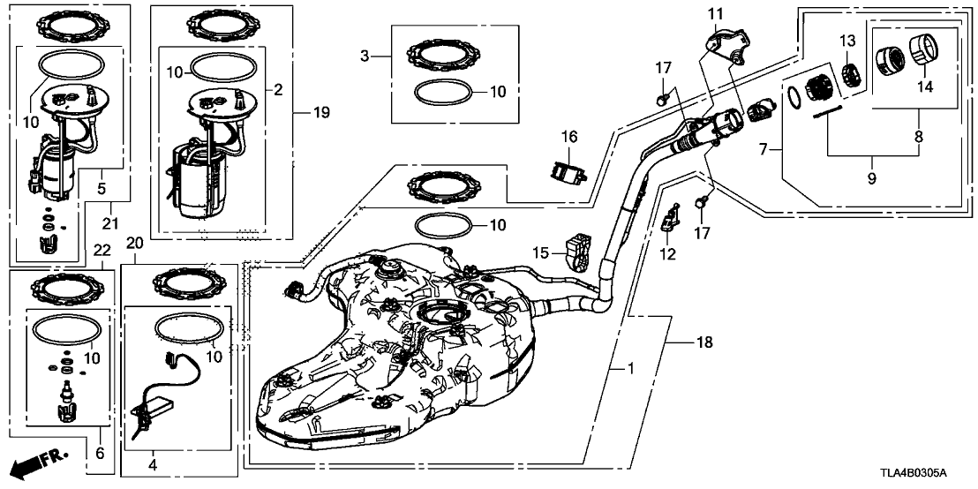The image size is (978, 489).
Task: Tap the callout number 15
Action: click(x=540, y=254)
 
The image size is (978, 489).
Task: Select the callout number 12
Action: click(x=666, y=254)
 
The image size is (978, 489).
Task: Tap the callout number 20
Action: click(x=134, y=243)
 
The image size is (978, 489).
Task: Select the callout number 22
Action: click(x=102, y=251)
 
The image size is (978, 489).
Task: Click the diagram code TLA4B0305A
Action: click(x=927, y=475)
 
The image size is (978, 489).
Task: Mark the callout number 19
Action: click(x=301, y=112)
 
